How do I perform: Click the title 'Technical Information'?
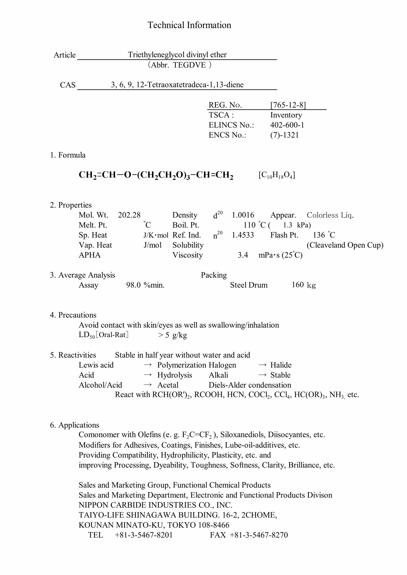point(189,25)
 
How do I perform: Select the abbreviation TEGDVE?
point(189,65)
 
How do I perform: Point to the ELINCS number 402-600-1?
point(287,125)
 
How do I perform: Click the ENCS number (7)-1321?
point(284,135)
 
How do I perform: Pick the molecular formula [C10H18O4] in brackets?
point(277,175)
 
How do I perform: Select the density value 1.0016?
point(243,215)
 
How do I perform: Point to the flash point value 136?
point(319,235)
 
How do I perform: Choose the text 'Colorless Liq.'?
point(330,215)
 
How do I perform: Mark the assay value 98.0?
point(133,285)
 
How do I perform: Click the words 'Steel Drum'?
point(249,285)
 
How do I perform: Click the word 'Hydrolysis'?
point(174,375)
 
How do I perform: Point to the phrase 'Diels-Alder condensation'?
point(250,385)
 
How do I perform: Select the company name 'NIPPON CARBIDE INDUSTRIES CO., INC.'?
point(155,505)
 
